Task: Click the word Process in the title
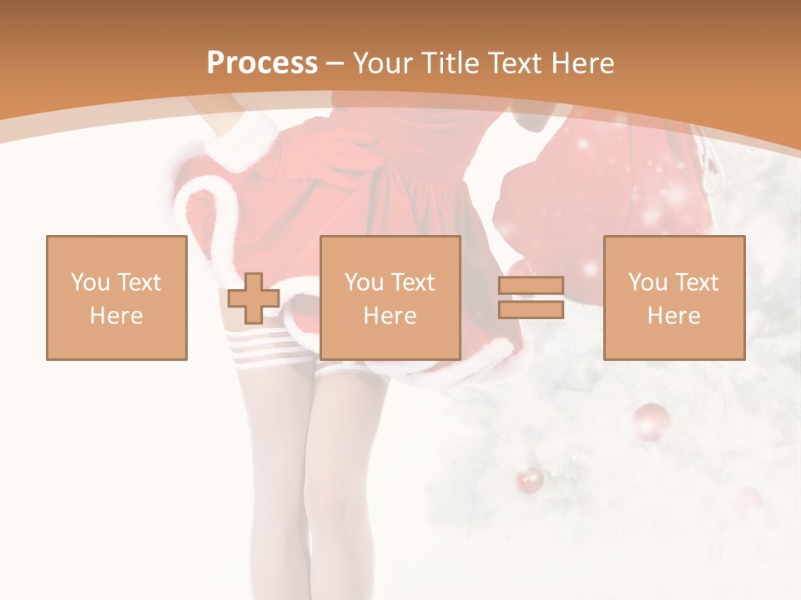tap(262, 63)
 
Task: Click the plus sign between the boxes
tap(254, 298)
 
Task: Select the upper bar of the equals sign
tap(531, 286)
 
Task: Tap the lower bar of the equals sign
tap(531, 310)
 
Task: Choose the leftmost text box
tap(117, 297)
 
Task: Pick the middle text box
tap(390, 297)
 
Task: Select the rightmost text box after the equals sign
tap(674, 297)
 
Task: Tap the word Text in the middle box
tap(413, 282)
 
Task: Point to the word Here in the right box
tap(674, 316)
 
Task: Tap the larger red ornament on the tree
tap(651, 421)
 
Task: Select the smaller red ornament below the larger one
tap(529, 481)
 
